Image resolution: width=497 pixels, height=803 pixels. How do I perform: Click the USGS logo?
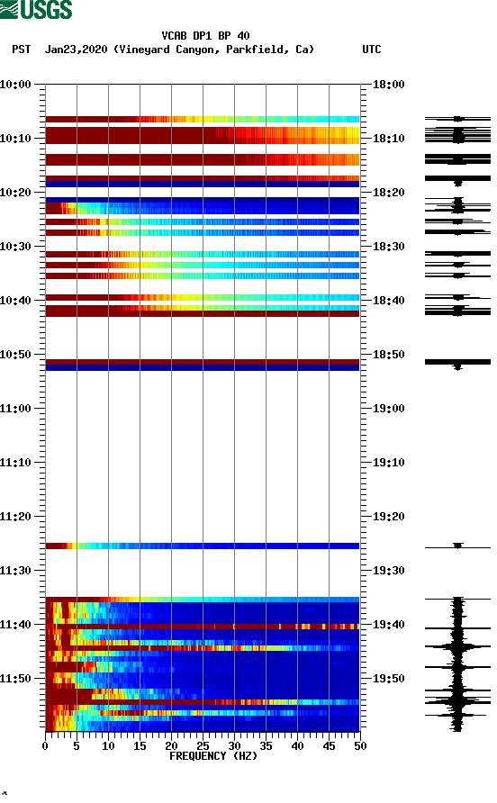click(37, 11)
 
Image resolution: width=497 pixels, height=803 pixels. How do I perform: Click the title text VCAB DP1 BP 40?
click(205, 36)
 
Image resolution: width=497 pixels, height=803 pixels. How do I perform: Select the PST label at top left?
click(22, 50)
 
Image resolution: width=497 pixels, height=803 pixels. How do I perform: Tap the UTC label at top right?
click(371, 50)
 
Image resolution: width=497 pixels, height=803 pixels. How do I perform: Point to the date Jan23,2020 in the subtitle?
click(77, 50)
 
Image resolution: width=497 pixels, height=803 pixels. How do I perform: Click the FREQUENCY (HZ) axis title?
click(202, 756)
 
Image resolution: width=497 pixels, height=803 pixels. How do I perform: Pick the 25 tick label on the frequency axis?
click(203, 746)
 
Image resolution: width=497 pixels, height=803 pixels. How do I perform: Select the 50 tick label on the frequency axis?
click(360, 746)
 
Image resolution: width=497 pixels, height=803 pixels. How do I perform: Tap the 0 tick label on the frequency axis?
click(45, 746)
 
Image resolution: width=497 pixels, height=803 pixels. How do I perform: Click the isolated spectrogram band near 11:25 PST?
click(202, 546)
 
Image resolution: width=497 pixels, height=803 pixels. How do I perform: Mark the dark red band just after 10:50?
click(202, 362)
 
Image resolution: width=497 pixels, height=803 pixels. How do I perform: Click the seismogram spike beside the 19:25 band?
click(457, 546)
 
